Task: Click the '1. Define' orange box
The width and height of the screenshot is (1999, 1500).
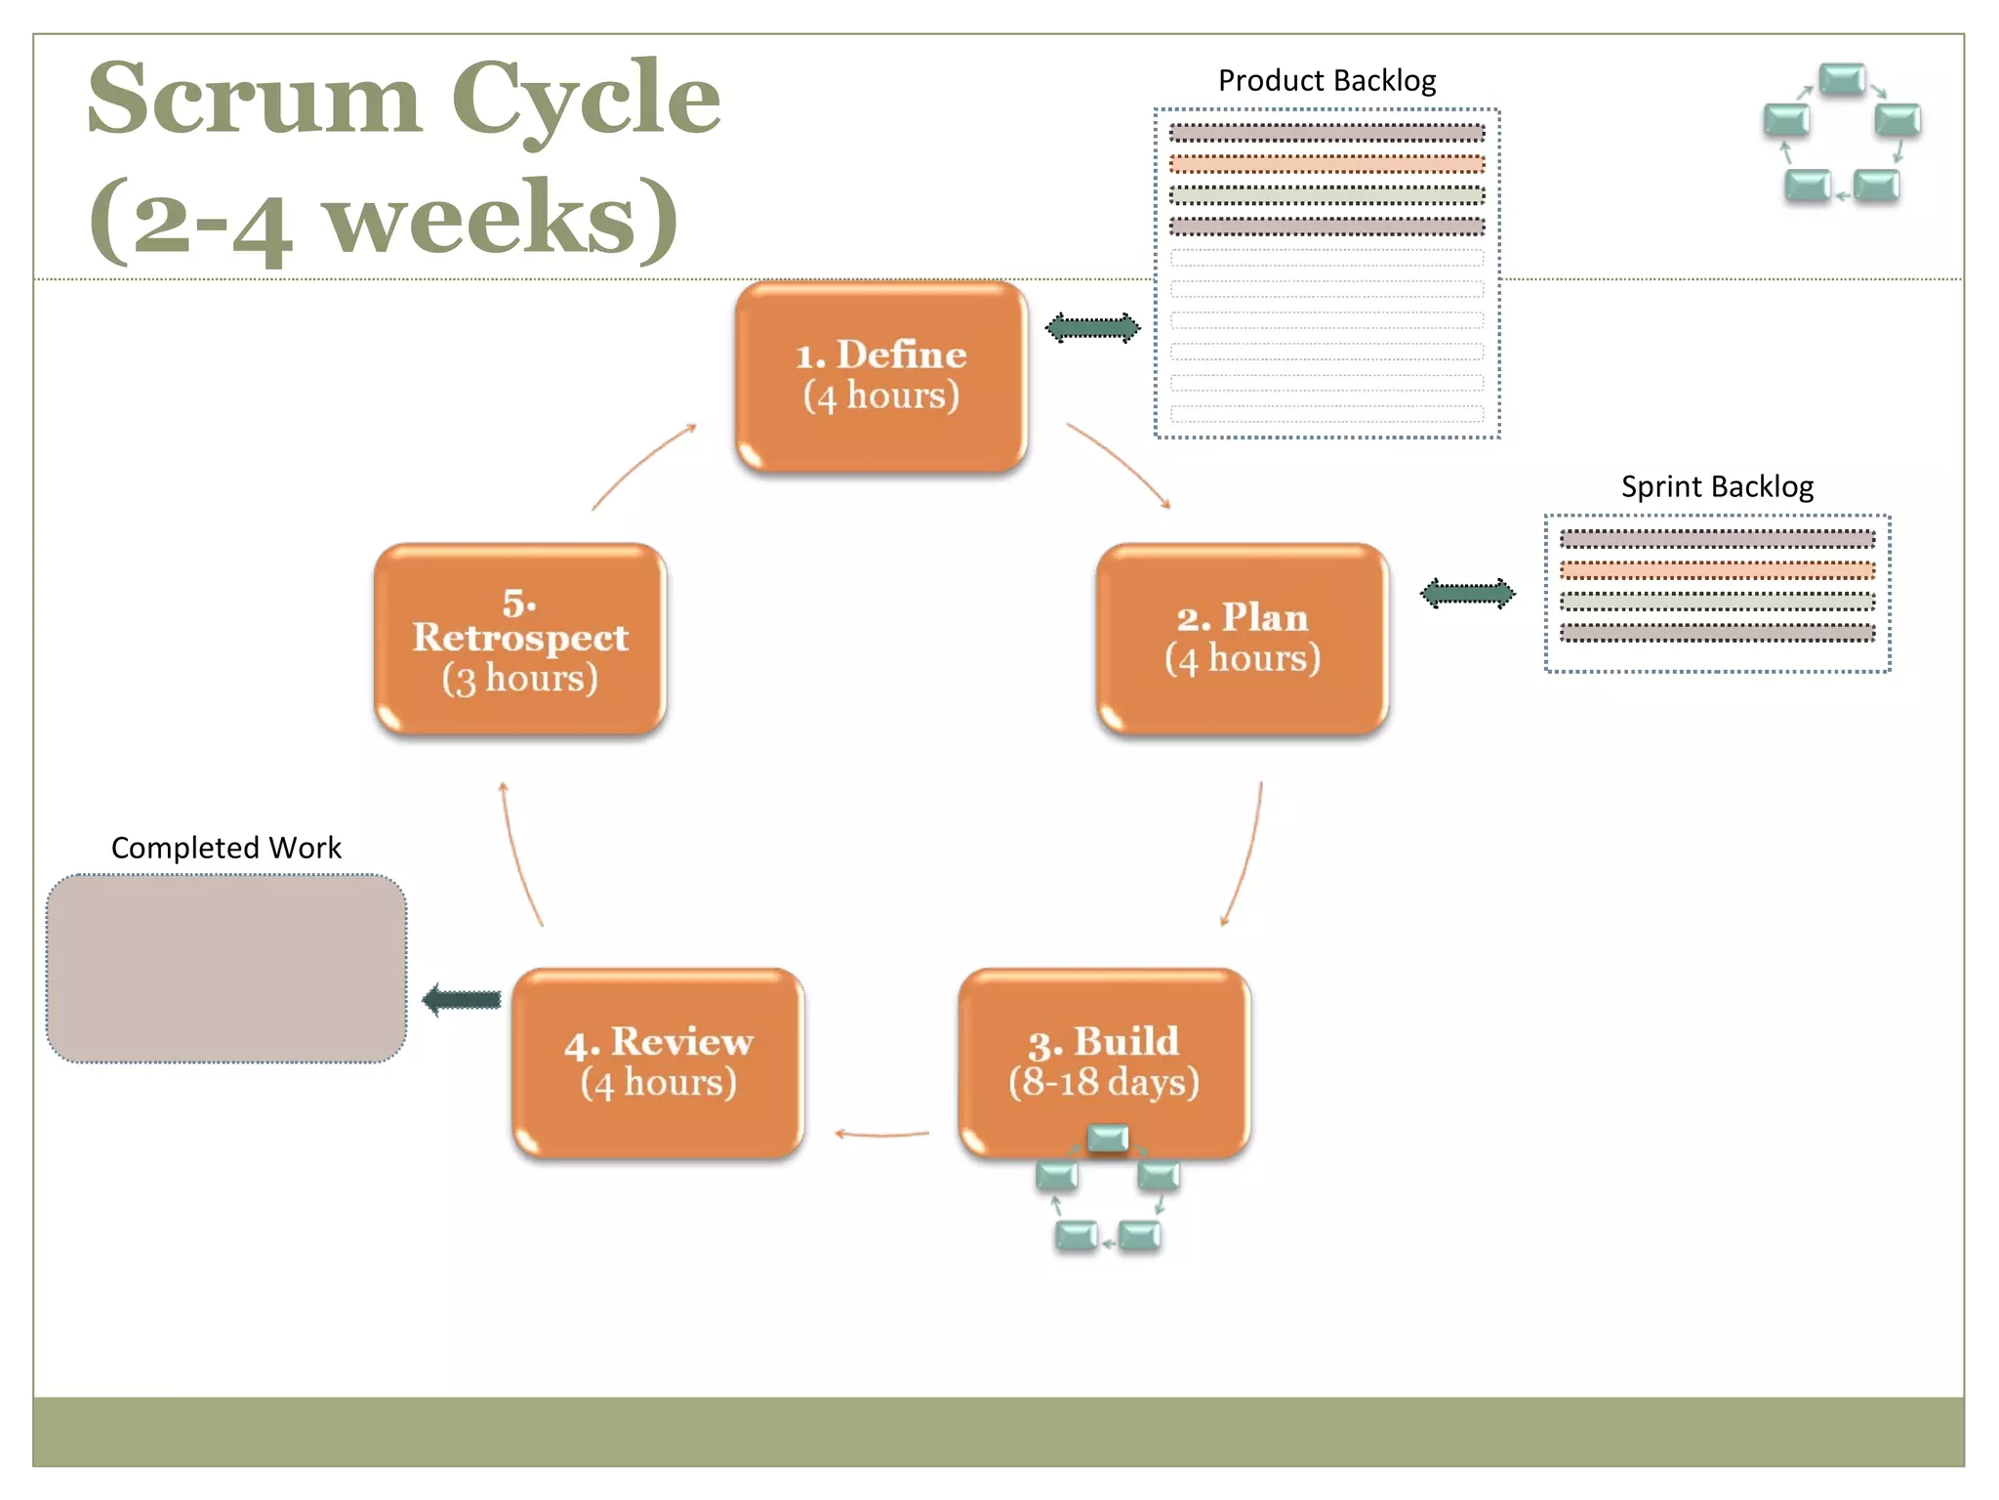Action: click(880, 376)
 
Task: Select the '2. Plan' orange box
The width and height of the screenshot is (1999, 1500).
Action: click(1242, 639)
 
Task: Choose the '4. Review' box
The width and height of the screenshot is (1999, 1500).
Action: click(658, 1062)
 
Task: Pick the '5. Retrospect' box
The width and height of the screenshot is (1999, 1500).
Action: click(519, 639)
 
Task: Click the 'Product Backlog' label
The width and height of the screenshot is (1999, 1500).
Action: click(1326, 80)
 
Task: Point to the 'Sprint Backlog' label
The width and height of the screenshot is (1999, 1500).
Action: click(1717, 486)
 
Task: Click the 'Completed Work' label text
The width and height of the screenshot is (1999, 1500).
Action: click(226, 848)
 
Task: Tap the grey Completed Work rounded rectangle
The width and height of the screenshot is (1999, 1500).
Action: click(226, 968)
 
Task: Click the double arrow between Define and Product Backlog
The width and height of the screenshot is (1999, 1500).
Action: click(1092, 328)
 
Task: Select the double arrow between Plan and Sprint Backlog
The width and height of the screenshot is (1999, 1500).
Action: click(1467, 593)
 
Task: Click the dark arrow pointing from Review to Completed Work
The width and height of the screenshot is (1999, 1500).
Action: click(462, 999)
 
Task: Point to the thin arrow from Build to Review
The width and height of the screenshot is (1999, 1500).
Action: click(881, 1134)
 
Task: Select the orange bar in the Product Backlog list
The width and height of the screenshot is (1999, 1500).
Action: click(1326, 163)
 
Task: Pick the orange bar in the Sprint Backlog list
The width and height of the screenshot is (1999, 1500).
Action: click(1717, 569)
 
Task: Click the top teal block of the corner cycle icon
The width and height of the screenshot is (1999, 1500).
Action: click(1842, 78)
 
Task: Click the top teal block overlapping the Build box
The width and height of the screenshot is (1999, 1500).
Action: click(1108, 1137)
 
